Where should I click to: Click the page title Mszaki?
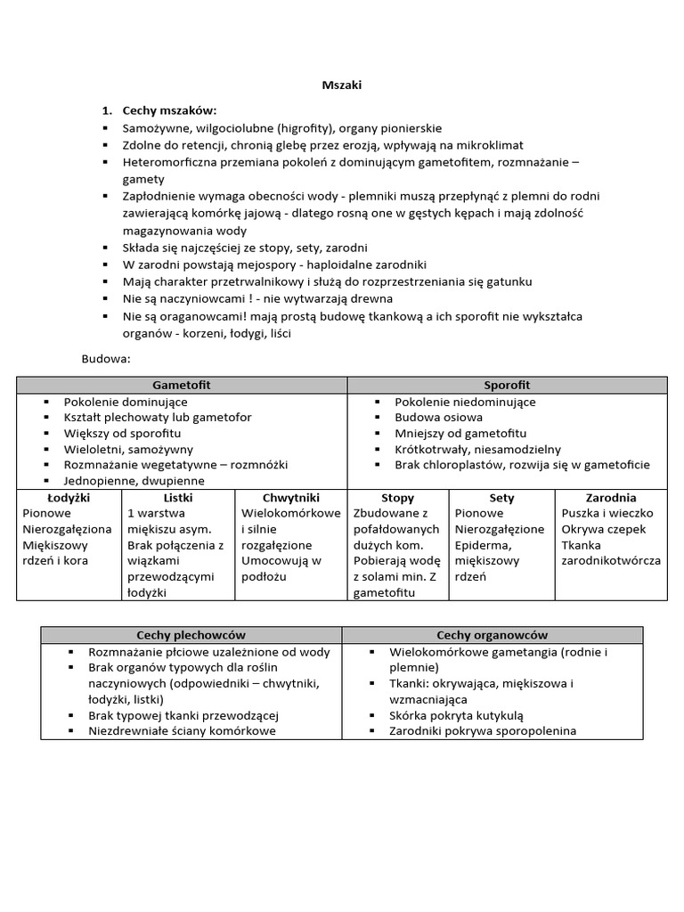(x=341, y=85)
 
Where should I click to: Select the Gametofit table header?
(x=182, y=385)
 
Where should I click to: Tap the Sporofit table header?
(x=507, y=385)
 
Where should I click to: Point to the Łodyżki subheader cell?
(x=69, y=497)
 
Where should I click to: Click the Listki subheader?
(x=178, y=497)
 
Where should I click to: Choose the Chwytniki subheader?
(x=290, y=497)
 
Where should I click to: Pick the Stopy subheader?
(x=398, y=498)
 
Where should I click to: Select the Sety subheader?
(x=501, y=498)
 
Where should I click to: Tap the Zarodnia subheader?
(x=610, y=498)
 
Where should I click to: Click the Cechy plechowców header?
(x=191, y=635)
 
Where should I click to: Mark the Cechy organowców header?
(x=492, y=635)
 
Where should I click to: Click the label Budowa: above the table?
(x=106, y=359)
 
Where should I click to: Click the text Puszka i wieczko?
(x=607, y=513)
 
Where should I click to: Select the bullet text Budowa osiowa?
(x=439, y=417)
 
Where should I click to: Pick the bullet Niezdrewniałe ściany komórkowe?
(x=183, y=731)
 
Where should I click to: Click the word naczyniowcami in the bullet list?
(x=211, y=298)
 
